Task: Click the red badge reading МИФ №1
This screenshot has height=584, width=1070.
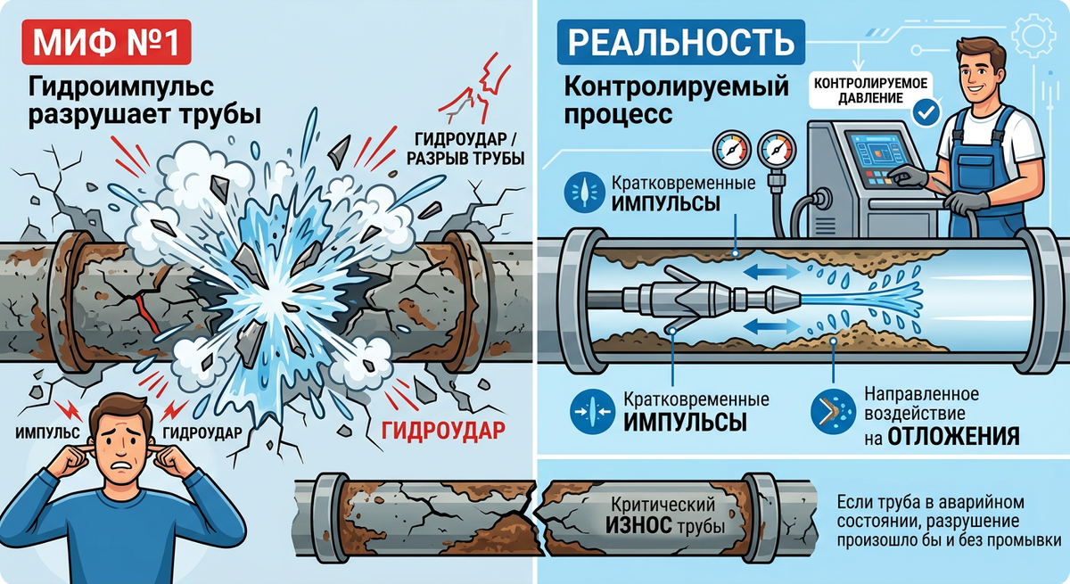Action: [106, 43]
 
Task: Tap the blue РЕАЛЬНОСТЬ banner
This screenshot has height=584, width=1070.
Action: [680, 42]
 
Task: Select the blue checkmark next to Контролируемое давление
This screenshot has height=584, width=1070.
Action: [926, 113]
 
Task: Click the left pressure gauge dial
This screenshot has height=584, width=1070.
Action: [732, 149]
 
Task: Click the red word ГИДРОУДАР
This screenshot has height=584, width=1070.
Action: [443, 431]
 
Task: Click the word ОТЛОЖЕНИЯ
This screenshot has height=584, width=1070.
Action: [953, 435]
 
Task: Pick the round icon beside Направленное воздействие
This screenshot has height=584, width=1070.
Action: [833, 411]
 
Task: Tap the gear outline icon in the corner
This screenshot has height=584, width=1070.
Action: [1034, 37]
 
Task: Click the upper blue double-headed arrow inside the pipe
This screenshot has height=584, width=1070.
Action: [771, 272]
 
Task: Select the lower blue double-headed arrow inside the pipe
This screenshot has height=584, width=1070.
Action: [771, 326]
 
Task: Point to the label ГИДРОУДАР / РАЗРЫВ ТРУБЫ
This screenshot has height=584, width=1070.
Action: [465, 148]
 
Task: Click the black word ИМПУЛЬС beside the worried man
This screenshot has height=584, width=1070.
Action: [48, 432]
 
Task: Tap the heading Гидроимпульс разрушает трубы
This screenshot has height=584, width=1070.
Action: [144, 101]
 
